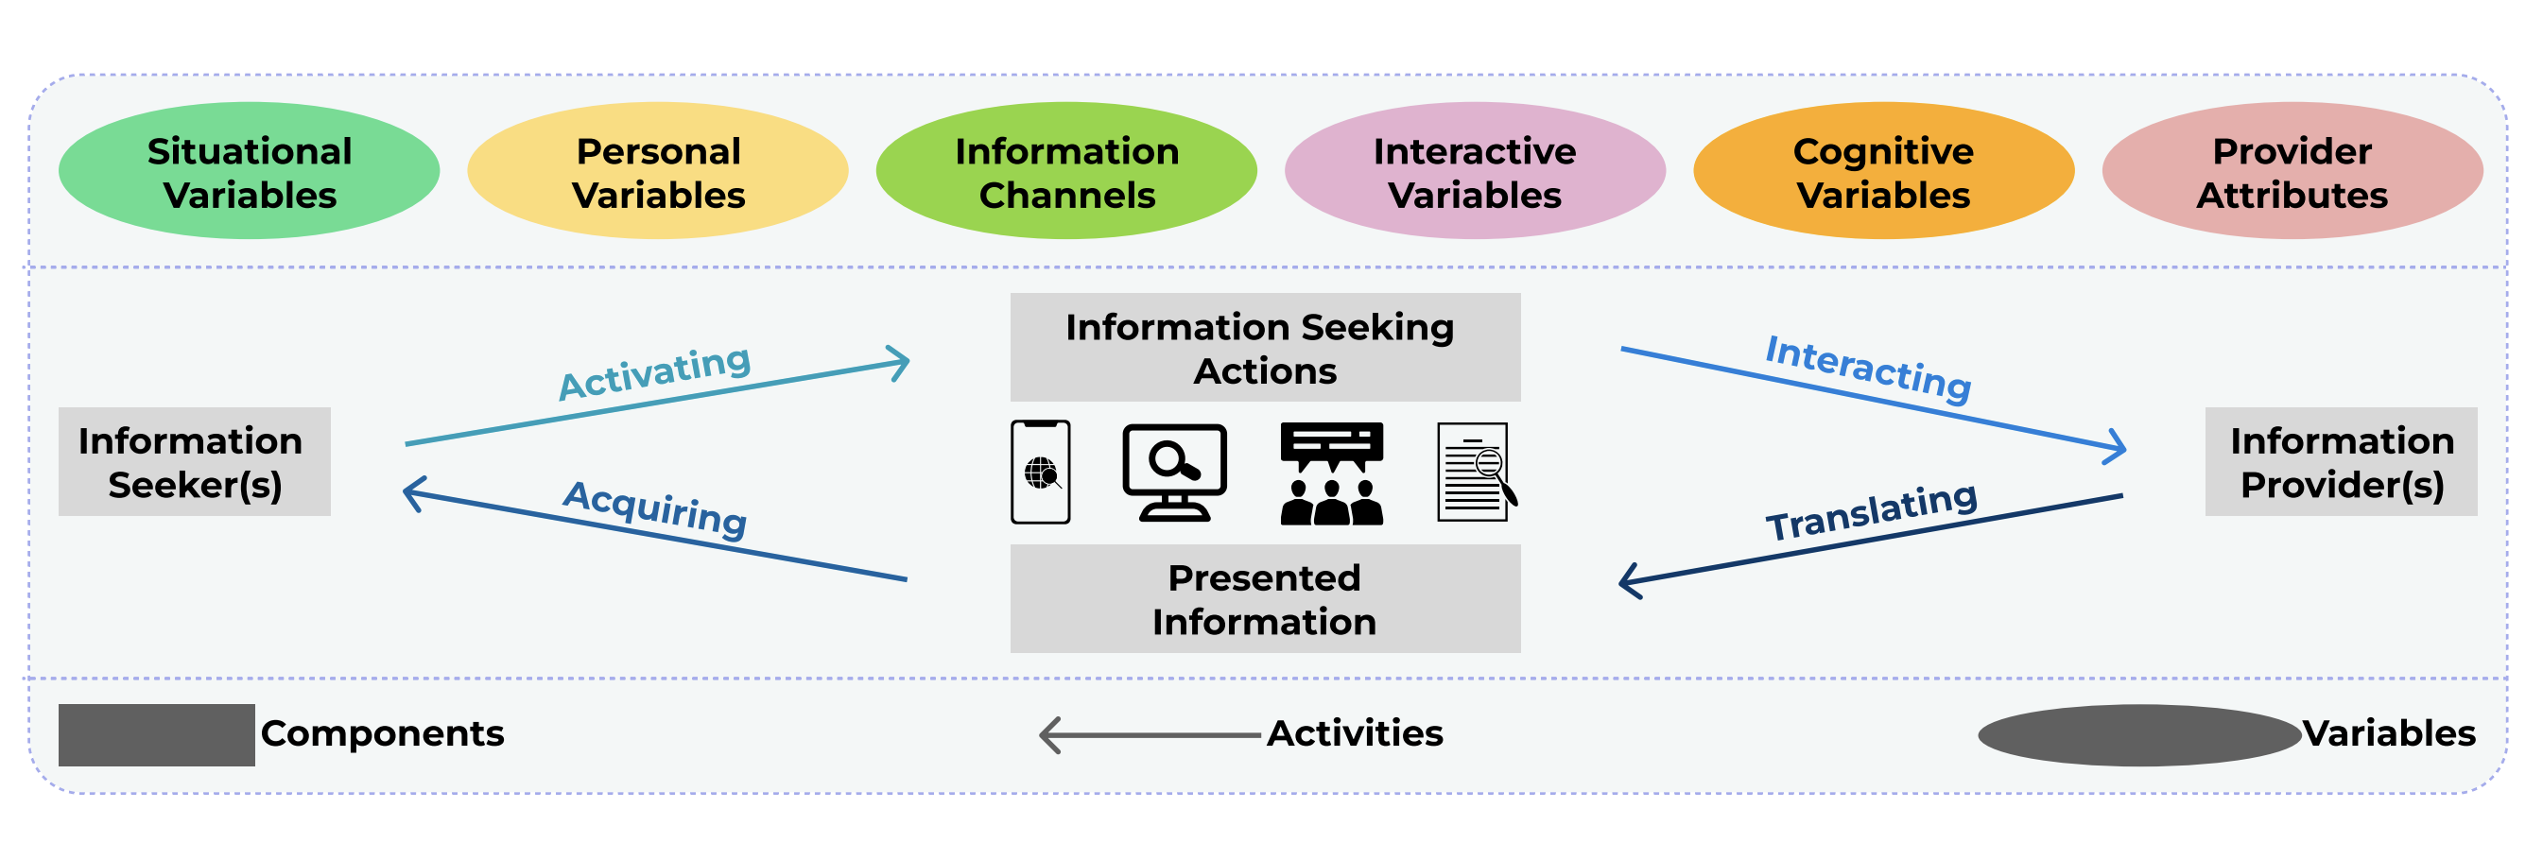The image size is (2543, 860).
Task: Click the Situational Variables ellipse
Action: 249,171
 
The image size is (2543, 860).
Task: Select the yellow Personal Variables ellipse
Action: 657,171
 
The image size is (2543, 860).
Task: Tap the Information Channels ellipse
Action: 1066,171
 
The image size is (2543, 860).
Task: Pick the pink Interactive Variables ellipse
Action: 1475,171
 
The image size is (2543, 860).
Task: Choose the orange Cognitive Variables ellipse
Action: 1883,171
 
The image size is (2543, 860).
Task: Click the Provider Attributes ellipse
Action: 2292,171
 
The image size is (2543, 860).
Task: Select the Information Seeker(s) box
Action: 195,461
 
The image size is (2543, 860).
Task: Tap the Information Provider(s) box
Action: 2341,461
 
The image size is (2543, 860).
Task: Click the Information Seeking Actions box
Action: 1265,348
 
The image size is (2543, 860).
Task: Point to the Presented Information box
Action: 1265,598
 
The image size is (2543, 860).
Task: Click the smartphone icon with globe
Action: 1041,472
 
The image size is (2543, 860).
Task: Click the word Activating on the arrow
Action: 655,372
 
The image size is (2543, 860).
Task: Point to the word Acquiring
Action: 655,508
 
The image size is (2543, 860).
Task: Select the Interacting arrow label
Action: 1868,369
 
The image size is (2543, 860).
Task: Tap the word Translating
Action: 1872,511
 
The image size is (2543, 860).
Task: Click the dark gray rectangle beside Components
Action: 156,734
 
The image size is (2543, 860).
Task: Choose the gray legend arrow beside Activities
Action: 1150,735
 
